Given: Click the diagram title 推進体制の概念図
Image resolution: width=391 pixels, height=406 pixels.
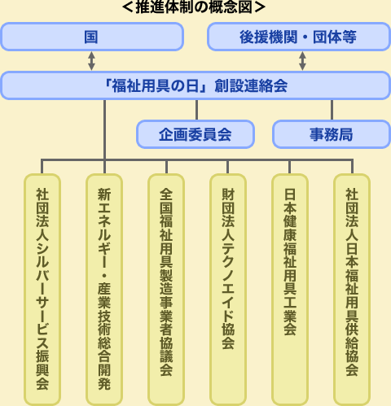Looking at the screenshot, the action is tap(194, 7).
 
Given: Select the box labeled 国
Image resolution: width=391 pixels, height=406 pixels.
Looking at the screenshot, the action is tap(92, 37).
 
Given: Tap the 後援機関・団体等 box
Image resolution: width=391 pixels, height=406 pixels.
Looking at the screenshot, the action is tap(299, 37).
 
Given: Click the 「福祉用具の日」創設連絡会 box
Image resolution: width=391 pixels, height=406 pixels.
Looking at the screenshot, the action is tap(195, 85).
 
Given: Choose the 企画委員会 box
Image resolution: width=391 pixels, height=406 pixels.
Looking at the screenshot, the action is tap(195, 134).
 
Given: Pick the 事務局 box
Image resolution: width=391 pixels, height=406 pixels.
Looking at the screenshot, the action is tap(332, 134).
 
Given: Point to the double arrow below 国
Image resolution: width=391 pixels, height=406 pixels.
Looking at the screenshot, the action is tap(91, 61).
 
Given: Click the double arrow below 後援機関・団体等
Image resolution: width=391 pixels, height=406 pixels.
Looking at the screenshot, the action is tap(302, 61).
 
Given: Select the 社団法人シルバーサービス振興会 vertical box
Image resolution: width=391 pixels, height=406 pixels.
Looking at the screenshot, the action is tap(42, 290).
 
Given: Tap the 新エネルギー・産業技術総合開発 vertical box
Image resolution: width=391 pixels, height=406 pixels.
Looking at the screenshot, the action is tap(104, 290).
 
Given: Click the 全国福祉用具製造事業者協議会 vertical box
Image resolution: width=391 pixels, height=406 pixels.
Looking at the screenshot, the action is tap(166, 290).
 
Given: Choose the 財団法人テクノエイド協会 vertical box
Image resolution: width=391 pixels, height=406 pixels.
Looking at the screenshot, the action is tap(228, 290).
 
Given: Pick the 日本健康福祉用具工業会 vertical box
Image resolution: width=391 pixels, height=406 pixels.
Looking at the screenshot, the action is tap(290, 290).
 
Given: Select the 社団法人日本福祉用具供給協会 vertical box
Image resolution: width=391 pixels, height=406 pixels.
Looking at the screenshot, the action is tap(352, 290).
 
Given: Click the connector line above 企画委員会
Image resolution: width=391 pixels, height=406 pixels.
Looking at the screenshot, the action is tap(196, 110).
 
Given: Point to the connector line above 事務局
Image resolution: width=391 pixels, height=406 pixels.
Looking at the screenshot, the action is tap(332, 110).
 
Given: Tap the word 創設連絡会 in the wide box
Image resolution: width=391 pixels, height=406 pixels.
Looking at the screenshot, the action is tap(251, 85).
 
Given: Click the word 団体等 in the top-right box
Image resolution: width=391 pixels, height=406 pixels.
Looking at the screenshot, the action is tap(335, 37).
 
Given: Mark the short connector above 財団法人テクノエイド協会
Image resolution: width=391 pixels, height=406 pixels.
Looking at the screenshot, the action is tap(227, 167).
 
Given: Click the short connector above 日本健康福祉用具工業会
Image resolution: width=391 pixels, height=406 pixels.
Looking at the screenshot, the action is tap(289, 167).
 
